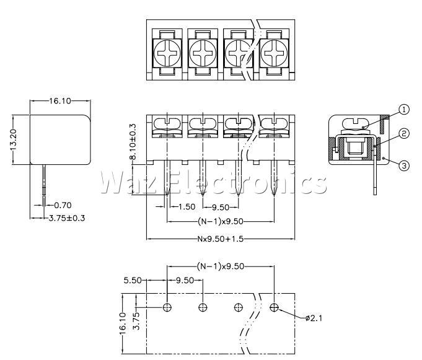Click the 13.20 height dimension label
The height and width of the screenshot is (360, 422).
[13, 139]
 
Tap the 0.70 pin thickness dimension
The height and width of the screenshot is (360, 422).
[63, 205]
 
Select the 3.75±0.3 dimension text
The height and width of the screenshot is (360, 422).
[67, 218]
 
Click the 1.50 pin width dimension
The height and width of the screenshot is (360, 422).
[187, 206]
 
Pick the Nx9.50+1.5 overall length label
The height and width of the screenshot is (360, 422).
[221, 239]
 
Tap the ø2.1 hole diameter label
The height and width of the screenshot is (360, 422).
[314, 318]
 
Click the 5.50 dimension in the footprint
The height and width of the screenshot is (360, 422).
[133, 280]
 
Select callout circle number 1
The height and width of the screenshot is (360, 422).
[404, 110]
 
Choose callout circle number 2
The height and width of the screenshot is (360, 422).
[404, 133]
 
